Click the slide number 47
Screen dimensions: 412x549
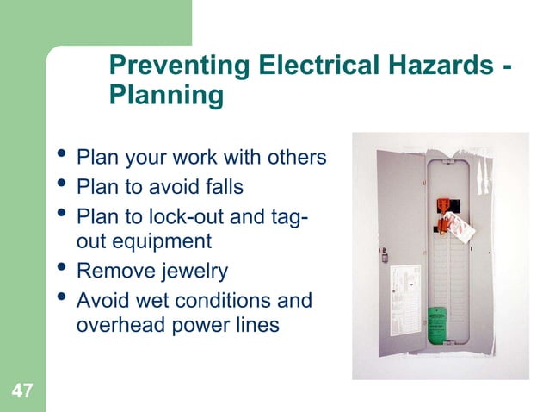point(22,392)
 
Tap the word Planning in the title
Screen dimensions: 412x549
point(167,95)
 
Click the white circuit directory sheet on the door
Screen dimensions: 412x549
point(404,289)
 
